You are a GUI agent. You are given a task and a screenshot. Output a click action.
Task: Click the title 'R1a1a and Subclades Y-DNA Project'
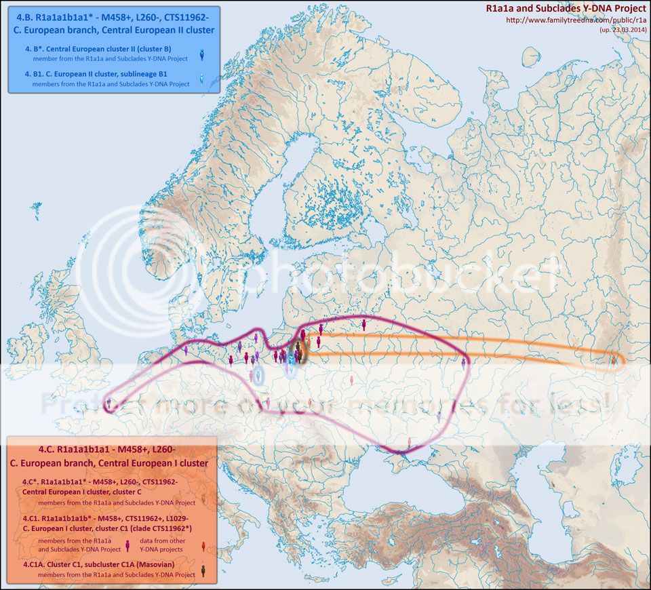(566, 8)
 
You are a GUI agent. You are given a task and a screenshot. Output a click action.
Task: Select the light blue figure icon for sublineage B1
(201, 81)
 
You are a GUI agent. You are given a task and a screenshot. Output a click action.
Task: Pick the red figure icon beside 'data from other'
(203, 545)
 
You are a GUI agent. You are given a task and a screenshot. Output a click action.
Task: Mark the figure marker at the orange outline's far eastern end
(614, 359)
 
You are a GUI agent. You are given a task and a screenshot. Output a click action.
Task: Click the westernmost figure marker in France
(109, 404)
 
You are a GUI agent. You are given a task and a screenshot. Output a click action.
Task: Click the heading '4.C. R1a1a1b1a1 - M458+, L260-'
(112, 449)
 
